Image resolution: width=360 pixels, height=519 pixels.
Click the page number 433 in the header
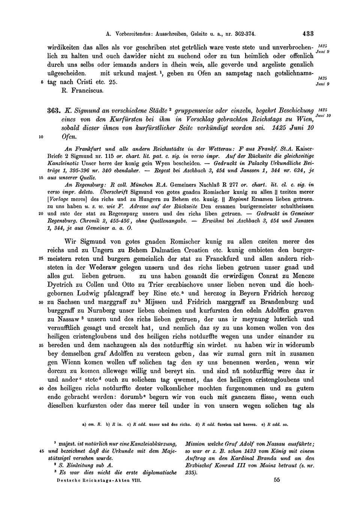(308, 33)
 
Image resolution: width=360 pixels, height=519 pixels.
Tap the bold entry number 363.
(53, 111)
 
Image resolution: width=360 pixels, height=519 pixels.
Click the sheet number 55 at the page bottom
(277, 479)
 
